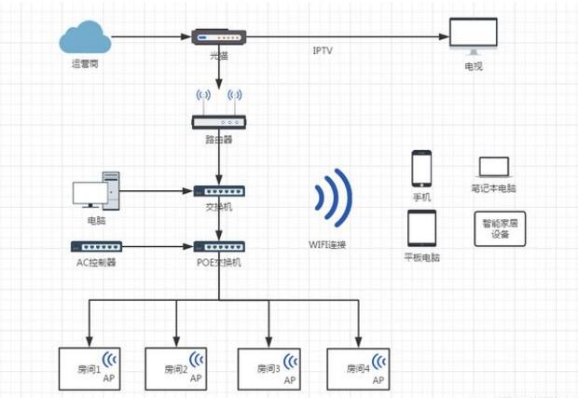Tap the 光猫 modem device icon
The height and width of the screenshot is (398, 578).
[218, 37]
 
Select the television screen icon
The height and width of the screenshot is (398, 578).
[474, 36]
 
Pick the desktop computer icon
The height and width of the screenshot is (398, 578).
[97, 191]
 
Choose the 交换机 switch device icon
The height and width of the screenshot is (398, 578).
[218, 191]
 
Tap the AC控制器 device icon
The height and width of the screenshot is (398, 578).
[96, 247]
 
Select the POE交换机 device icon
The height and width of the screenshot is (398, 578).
[218, 247]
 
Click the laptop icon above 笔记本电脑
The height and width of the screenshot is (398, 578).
[494, 168]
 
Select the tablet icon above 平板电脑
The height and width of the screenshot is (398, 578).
[421, 228]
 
